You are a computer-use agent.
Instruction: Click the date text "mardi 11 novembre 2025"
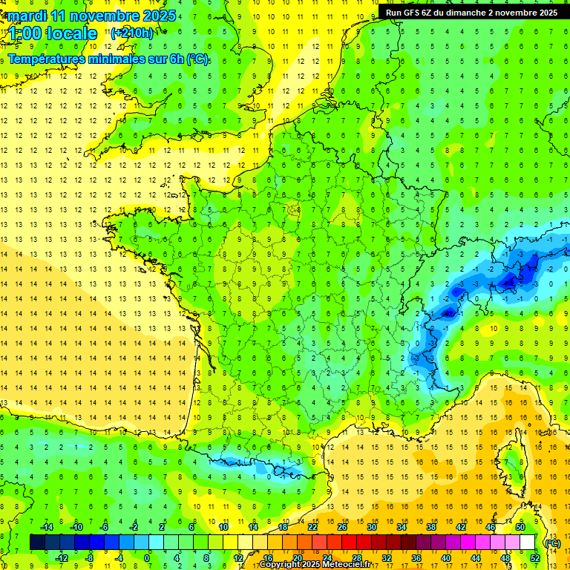(92, 16)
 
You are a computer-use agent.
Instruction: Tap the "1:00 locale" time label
(53, 33)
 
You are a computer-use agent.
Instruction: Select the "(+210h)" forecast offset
(132, 33)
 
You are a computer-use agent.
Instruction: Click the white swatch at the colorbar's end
(528, 543)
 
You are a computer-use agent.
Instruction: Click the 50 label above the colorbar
(520, 527)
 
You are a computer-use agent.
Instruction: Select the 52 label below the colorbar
(534, 557)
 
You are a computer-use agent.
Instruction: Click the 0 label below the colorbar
(147, 557)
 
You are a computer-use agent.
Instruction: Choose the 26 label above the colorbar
(342, 527)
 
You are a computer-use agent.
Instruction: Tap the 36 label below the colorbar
(416, 557)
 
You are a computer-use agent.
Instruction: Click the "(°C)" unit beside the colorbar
(552, 543)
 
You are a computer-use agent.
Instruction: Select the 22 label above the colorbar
(312, 527)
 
